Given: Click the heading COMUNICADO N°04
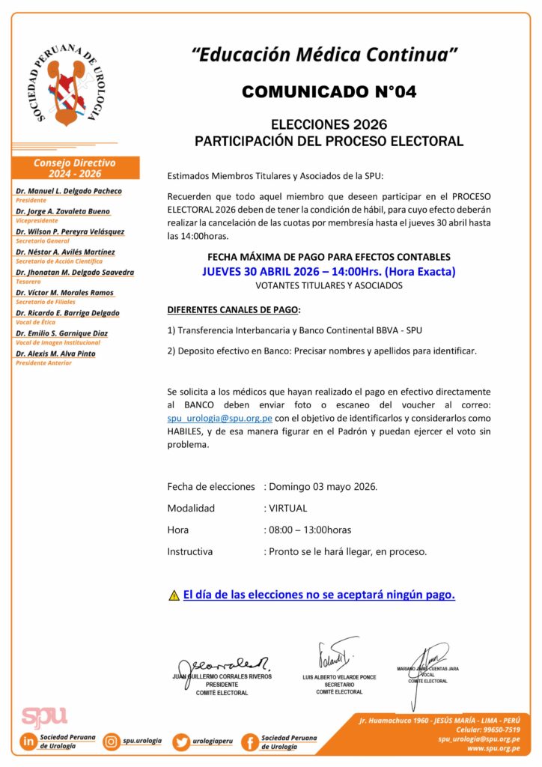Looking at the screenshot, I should [x=329, y=91].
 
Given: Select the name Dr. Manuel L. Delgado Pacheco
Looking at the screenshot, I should [x=69, y=191].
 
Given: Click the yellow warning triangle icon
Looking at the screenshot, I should [x=174, y=596].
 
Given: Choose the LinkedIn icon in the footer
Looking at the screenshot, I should [x=29, y=742].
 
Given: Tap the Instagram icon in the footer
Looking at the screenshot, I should [x=112, y=742].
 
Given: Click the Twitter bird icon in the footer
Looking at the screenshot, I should [x=180, y=742].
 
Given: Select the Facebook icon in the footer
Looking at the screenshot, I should [x=249, y=742].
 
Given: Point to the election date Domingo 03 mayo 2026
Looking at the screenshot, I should [x=323, y=486].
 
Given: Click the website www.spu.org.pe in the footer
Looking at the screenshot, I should [x=493, y=748].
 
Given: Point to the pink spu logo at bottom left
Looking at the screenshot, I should [x=44, y=716].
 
